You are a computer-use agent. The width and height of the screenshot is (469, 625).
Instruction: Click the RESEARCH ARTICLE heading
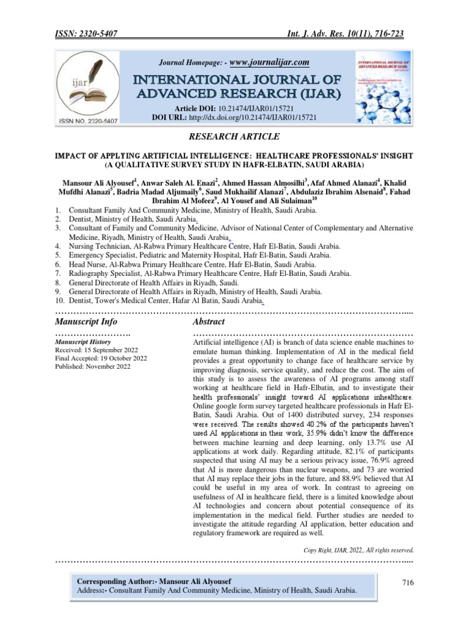pyautogui.click(x=234, y=136)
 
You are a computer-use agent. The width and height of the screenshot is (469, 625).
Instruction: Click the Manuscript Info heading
pyautogui.click(x=86, y=321)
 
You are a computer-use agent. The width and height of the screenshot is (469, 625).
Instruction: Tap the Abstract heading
pyautogui.click(x=208, y=321)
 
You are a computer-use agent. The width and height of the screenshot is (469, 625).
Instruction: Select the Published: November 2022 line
pyautogui.click(x=92, y=367)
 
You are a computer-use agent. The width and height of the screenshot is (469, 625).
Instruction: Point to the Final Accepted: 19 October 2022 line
pyautogui.click(x=101, y=359)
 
